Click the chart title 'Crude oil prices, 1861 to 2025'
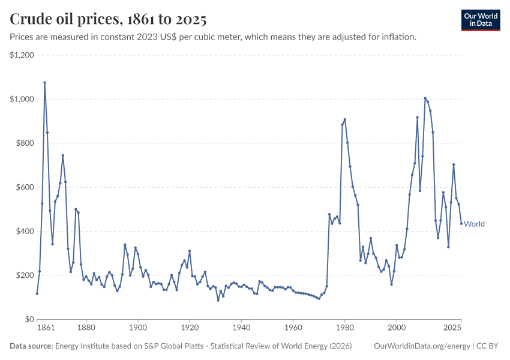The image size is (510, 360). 108,19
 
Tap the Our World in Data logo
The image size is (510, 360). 481,20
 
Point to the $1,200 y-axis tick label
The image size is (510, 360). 22,55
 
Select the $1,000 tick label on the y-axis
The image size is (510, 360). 22,99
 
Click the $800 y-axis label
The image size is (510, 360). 25,143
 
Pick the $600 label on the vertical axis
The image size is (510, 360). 25,187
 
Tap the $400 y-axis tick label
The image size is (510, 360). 25,231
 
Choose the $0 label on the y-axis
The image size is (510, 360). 29,319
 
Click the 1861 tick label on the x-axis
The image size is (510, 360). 46,328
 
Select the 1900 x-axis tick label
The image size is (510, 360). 138,328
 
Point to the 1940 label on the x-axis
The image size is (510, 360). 241,328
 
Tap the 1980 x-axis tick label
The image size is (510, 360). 345,328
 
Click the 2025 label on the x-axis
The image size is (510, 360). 452,328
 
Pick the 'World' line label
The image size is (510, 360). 474,224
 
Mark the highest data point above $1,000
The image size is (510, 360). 44,83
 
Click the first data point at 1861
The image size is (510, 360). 37,293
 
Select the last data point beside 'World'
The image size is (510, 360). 461,223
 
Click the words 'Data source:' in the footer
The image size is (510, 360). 31,346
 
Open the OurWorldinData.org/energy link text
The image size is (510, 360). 422,346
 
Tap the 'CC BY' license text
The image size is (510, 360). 487,346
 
